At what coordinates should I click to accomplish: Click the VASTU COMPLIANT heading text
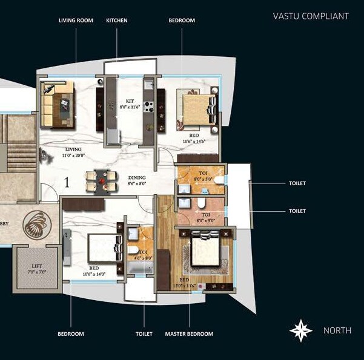coord(311,16)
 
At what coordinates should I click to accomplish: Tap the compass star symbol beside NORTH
coord(301,330)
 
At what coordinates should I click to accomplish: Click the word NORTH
coord(337,330)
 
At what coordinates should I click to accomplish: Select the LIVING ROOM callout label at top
coord(76,21)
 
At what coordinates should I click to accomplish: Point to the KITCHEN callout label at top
coord(117,21)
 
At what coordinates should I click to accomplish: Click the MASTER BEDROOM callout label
coord(189,334)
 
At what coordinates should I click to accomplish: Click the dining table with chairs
coord(101,180)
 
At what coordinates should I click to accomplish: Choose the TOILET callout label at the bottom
coord(144,334)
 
